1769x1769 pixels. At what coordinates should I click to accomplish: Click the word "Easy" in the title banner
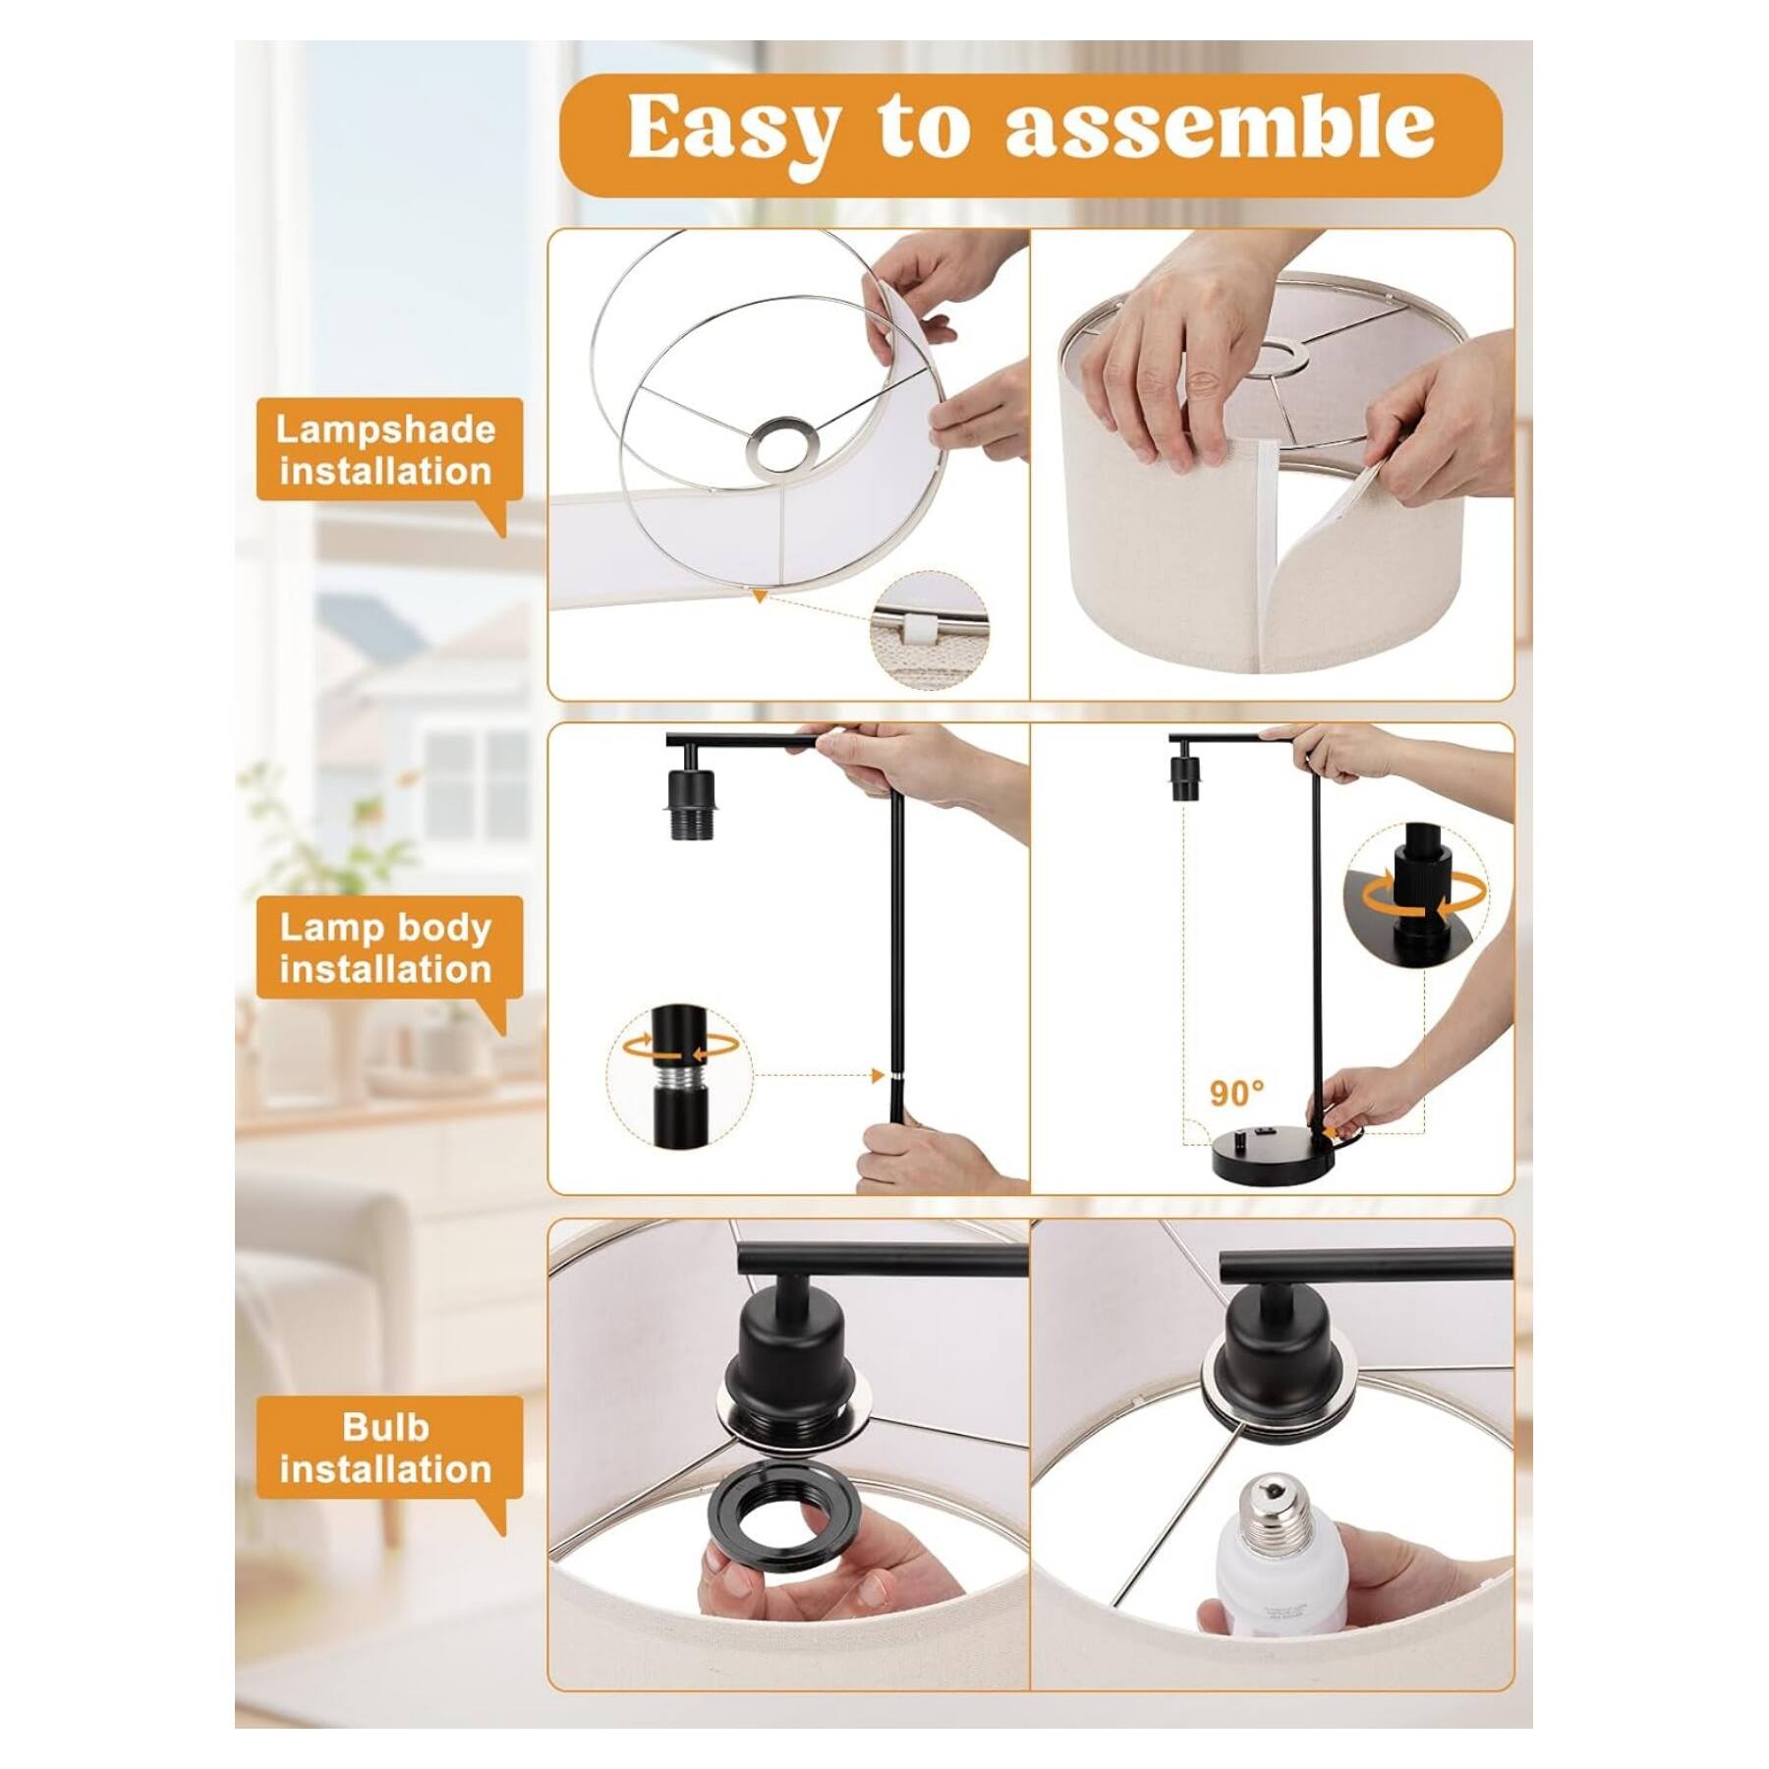tap(732, 128)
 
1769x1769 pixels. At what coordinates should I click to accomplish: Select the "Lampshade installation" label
tap(385, 451)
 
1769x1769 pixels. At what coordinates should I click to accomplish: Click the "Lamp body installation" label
tap(385, 948)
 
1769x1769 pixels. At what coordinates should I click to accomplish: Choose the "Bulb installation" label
tap(385, 1448)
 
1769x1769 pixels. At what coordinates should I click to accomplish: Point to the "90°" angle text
tap(1236, 1093)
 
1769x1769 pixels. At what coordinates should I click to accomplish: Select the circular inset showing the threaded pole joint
tap(679, 1076)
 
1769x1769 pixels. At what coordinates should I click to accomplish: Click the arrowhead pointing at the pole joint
tap(878, 1076)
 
